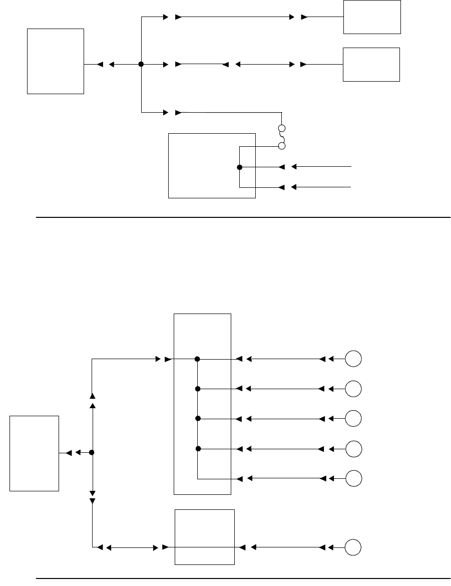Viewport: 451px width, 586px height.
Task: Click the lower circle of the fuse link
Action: click(x=282, y=146)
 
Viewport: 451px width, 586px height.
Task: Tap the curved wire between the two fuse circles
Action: click(x=282, y=137)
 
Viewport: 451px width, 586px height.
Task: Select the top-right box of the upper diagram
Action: click(x=372, y=17)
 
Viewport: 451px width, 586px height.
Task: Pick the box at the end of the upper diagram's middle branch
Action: click(x=371, y=65)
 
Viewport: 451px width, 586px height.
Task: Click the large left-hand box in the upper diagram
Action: click(x=55, y=61)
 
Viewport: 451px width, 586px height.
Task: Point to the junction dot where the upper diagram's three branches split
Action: click(x=141, y=65)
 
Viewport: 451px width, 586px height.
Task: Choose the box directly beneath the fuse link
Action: click(x=212, y=165)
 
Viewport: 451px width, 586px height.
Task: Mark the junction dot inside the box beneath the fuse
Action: click(x=240, y=167)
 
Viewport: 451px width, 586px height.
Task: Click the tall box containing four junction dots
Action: click(x=202, y=404)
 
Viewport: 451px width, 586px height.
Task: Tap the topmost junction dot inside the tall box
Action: click(x=198, y=359)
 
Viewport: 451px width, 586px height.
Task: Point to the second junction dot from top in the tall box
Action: click(x=198, y=389)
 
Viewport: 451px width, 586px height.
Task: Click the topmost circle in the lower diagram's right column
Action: click(x=354, y=359)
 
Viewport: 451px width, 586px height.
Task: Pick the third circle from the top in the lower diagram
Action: click(x=354, y=418)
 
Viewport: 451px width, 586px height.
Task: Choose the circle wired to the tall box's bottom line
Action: click(x=354, y=478)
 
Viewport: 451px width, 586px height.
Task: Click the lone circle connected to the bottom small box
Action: click(x=354, y=547)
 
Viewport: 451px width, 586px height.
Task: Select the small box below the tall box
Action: click(x=204, y=536)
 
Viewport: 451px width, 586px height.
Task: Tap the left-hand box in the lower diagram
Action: click(x=35, y=453)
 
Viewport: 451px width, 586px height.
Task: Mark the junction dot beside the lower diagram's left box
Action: click(x=92, y=453)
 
